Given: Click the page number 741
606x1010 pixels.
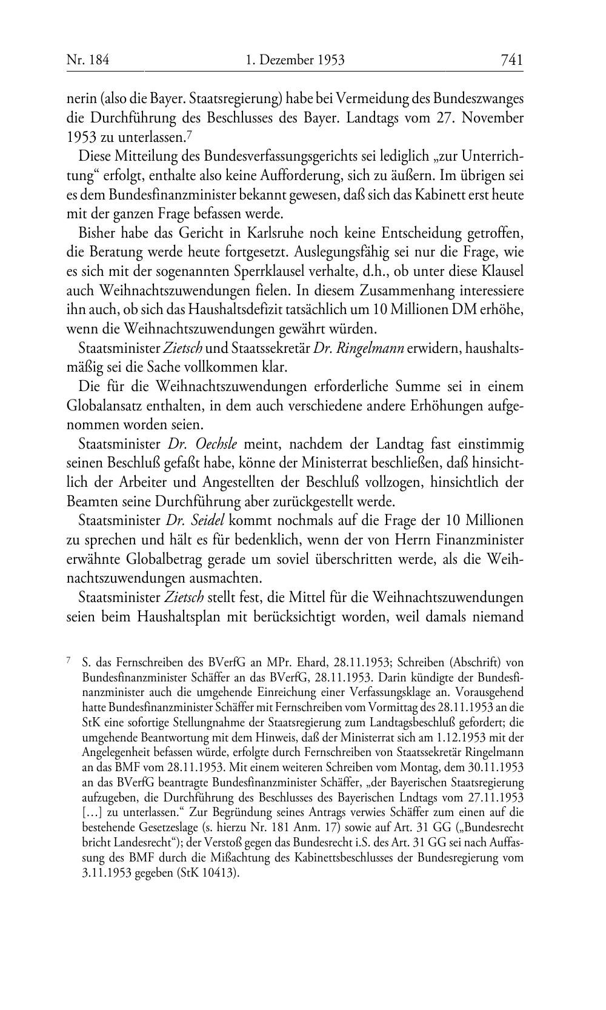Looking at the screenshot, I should tap(511, 59).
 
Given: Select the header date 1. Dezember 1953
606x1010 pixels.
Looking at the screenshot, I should tap(295, 59).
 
